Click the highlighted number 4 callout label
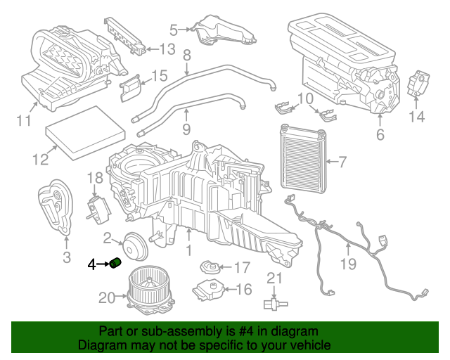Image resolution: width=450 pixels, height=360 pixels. tap(91, 264)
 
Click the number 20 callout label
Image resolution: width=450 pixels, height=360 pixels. tap(105, 298)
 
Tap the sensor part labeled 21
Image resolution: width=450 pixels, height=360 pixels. tap(274, 302)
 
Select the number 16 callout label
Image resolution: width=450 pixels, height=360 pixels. tap(244, 289)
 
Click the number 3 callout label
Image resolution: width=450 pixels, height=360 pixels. tap(67, 258)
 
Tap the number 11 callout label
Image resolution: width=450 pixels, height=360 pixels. tap(24, 121)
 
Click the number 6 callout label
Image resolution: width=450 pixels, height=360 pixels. tap(380, 134)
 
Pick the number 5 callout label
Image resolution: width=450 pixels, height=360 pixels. tap(174, 30)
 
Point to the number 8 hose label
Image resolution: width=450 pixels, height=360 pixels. tap(187, 55)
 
